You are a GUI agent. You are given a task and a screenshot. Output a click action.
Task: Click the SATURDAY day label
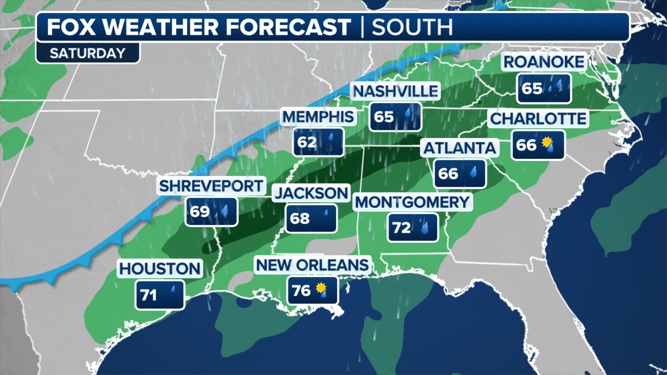[x=88, y=53]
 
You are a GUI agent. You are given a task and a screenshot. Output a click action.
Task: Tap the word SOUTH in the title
[x=412, y=27]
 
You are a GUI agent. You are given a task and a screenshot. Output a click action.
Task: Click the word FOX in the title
[x=71, y=27]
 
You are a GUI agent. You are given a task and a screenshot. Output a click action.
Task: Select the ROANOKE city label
[x=544, y=62]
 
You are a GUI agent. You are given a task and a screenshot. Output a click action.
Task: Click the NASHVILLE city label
[x=395, y=91]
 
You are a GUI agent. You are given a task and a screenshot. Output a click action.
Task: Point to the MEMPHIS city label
[x=318, y=117]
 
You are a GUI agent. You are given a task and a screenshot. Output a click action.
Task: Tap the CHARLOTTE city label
[x=538, y=119]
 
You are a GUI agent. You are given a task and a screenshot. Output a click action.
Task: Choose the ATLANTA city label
[x=460, y=148]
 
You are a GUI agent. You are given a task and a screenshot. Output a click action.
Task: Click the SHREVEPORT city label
[x=211, y=186]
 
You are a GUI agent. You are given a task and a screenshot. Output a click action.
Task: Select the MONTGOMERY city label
[x=412, y=202]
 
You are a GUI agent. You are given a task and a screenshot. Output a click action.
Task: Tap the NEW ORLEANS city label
[x=312, y=265]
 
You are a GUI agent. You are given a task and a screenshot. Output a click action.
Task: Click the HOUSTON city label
[x=160, y=268]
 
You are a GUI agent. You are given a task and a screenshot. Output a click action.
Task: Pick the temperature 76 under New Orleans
[x=301, y=291]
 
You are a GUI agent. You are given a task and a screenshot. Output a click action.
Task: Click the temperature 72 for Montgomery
[x=401, y=228]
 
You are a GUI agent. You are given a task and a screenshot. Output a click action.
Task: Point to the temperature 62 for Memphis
[x=306, y=142]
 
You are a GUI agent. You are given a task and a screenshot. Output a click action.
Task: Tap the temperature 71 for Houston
[x=149, y=295]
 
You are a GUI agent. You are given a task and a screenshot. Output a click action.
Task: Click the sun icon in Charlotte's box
[x=547, y=142]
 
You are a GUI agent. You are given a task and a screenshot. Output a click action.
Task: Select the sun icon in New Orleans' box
[x=321, y=287]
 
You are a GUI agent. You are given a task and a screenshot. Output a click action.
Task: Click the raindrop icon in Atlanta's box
[x=473, y=172]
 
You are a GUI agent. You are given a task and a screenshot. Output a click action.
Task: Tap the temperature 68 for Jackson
[x=299, y=219]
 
